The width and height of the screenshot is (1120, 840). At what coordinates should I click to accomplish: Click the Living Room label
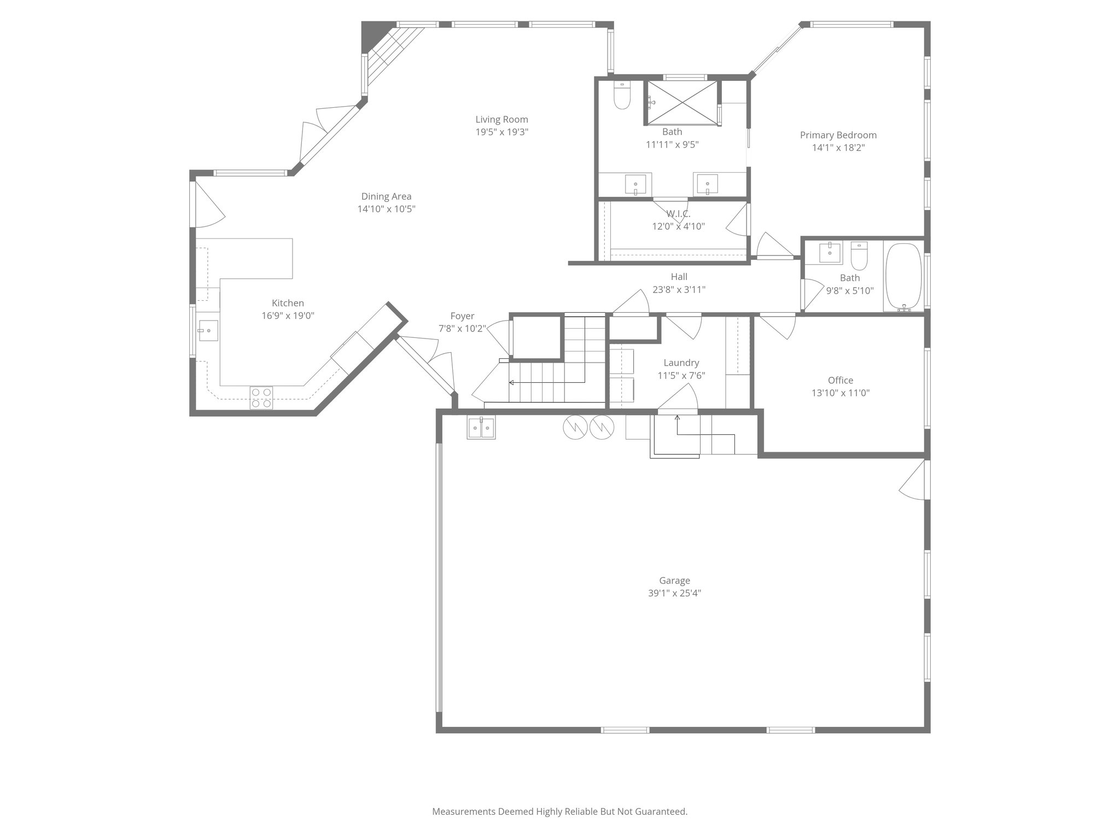pos(501,119)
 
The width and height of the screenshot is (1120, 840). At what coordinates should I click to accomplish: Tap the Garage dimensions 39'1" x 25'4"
pos(674,593)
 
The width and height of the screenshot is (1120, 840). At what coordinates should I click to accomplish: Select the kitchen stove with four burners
pos(261,398)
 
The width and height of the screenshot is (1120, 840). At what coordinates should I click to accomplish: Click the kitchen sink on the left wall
pos(208,330)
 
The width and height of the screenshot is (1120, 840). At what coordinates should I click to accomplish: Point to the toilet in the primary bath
pos(622,97)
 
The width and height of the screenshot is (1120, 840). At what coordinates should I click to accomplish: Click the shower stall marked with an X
pos(682,102)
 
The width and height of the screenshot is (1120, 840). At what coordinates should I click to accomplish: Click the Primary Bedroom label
pos(838,135)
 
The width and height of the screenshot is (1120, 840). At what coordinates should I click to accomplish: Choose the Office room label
pos(840,380)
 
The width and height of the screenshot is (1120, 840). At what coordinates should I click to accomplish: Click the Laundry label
pos(681,363)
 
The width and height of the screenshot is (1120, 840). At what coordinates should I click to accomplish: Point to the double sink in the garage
pos(481,427)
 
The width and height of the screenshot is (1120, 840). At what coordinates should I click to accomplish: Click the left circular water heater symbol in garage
pos(575,427)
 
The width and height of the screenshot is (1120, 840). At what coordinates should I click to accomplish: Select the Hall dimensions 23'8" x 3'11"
pos(679,290)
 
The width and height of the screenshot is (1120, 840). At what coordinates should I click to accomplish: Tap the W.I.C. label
pos(678,214)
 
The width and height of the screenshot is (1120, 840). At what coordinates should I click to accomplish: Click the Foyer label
pos(462,316)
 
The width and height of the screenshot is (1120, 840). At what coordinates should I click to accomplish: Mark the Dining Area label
pos(386,196)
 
